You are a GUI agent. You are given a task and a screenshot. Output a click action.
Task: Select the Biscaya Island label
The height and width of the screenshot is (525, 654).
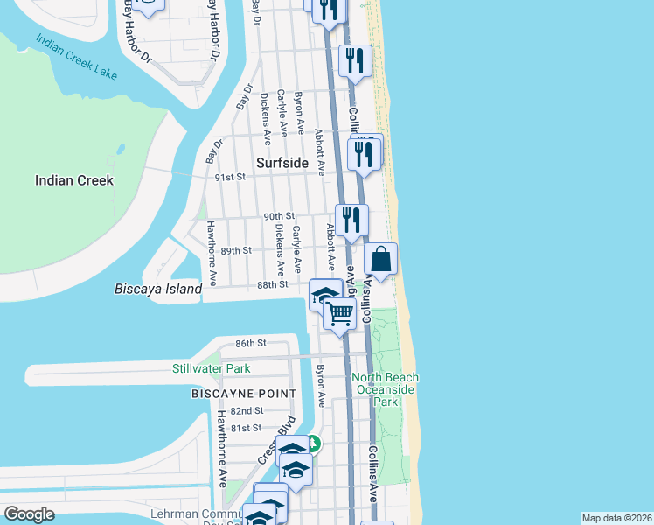[158, 288]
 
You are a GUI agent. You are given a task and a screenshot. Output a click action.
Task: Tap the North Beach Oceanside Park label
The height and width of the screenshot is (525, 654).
[386, 389]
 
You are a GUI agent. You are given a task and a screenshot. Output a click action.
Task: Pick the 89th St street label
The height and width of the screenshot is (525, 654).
[236, 250]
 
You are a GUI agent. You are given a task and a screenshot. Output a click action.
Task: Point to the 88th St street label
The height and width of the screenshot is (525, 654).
[273, 284]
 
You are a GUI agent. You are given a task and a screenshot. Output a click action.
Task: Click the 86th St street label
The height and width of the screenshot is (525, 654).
[250, 343]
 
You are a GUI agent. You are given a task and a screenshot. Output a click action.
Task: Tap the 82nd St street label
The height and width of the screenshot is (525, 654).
[247, 410]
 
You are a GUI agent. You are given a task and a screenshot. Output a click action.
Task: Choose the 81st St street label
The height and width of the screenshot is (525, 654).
[247, 428]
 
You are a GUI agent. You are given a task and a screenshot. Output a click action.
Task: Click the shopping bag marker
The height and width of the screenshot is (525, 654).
[380, 260]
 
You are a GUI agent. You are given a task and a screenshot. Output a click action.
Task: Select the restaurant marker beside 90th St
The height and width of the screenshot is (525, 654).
[351, 219]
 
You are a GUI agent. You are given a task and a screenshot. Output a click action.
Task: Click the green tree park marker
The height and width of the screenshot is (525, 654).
[312, 444]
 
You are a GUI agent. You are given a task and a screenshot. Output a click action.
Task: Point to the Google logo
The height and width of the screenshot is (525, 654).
[29, 514]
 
